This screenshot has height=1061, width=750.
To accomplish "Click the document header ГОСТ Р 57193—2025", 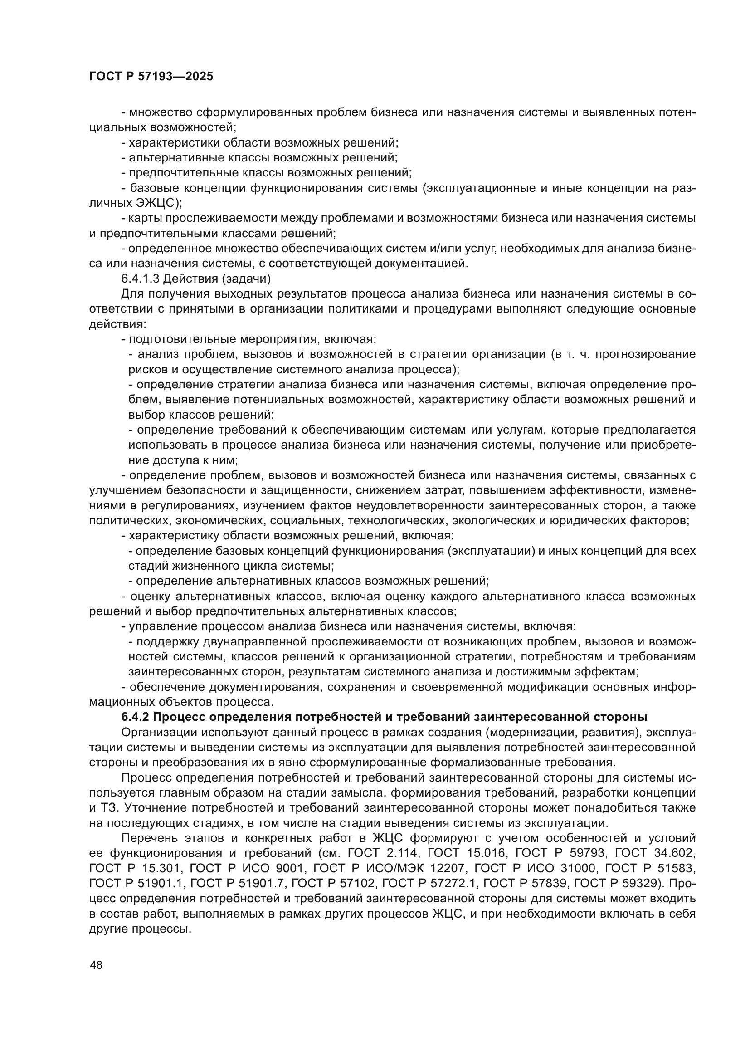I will coord(151,77).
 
